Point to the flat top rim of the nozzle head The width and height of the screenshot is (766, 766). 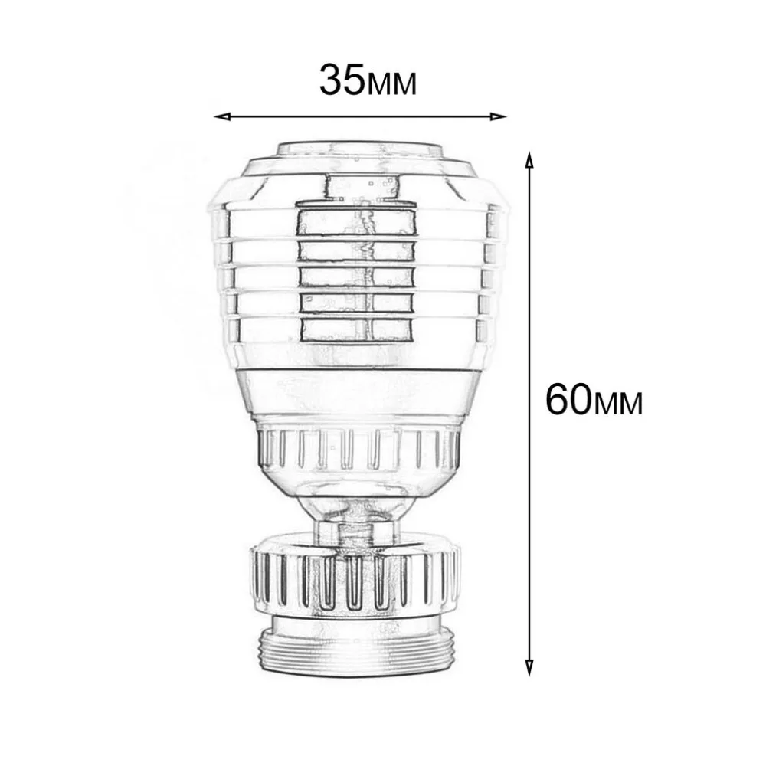pos(358,148)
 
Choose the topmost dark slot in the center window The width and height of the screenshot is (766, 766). pos(357,220)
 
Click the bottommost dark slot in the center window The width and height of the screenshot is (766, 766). pos(357,330)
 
